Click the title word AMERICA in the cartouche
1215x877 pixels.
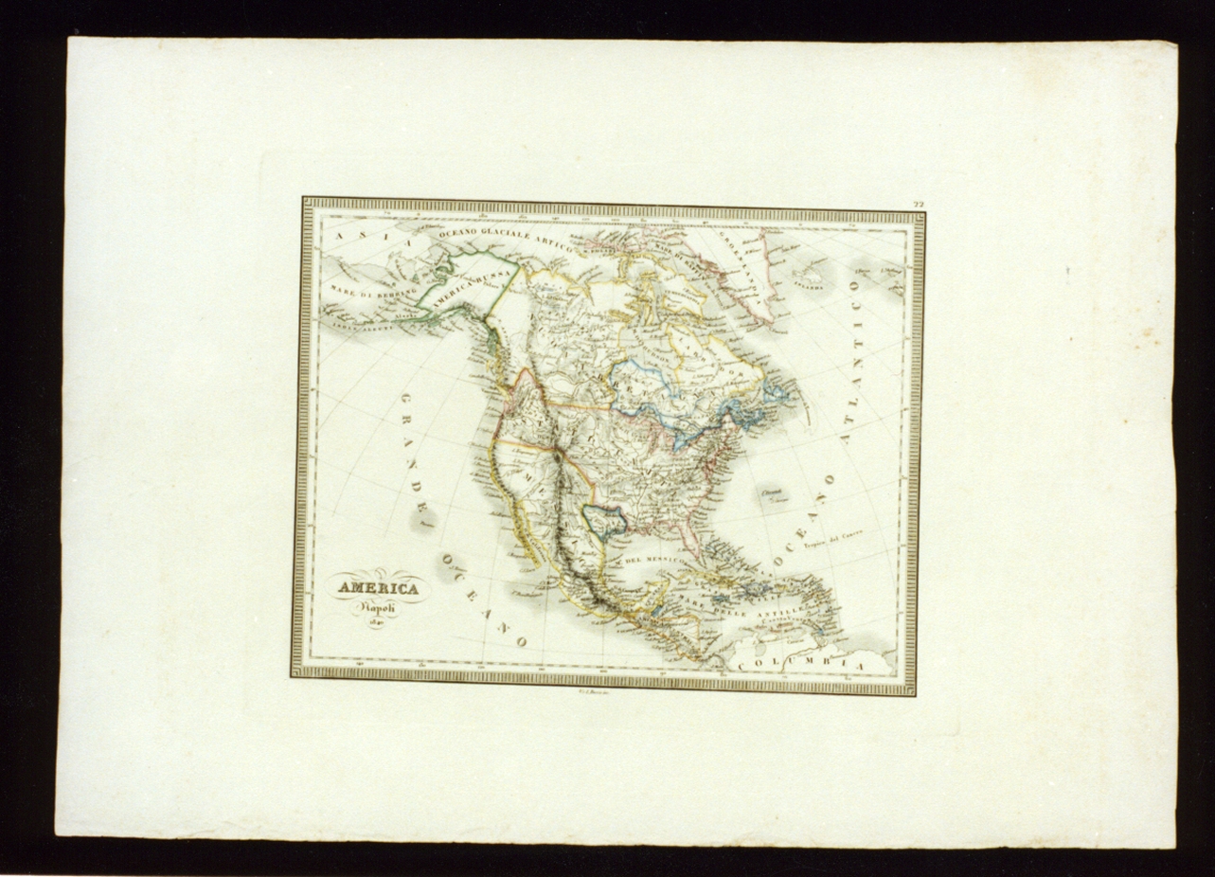[378, 589]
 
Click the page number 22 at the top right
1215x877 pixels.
[918, 205]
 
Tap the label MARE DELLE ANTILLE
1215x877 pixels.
[748, 607]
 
